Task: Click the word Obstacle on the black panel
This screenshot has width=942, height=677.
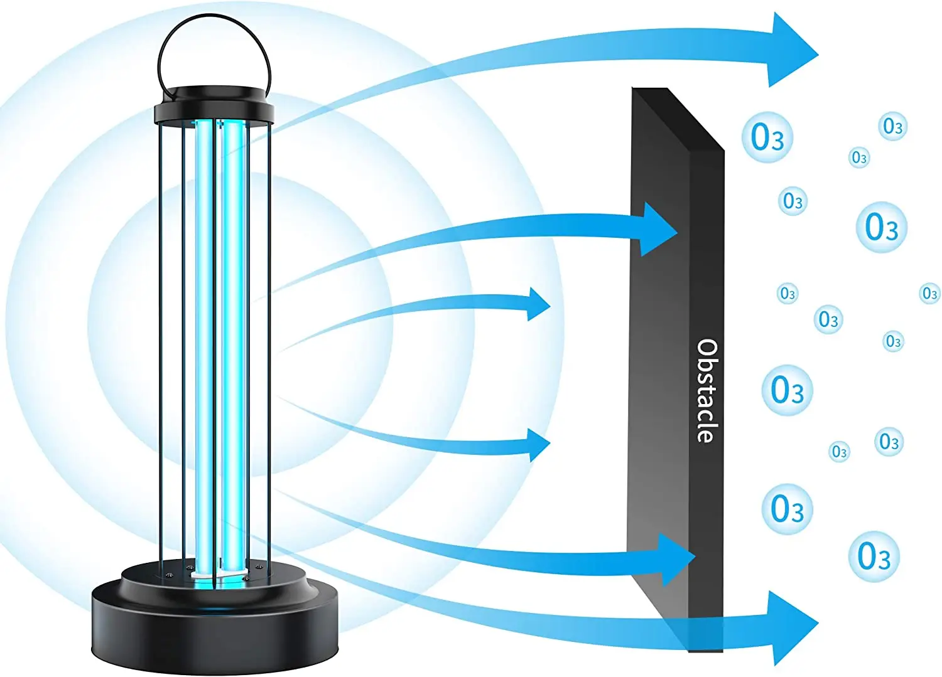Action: click(707, 391)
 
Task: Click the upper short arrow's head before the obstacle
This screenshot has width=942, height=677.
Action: click(538, 304)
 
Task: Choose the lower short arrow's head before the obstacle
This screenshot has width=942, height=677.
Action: click(538, 444)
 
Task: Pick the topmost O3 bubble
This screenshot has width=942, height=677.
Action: click(892, 127)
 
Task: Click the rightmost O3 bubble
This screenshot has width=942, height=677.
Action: click(929, 293)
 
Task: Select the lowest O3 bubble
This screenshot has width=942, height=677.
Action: click(874, 556)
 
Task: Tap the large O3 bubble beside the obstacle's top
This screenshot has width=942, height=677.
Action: click(767, 137)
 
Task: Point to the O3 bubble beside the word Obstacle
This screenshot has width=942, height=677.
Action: click(787, 390)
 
